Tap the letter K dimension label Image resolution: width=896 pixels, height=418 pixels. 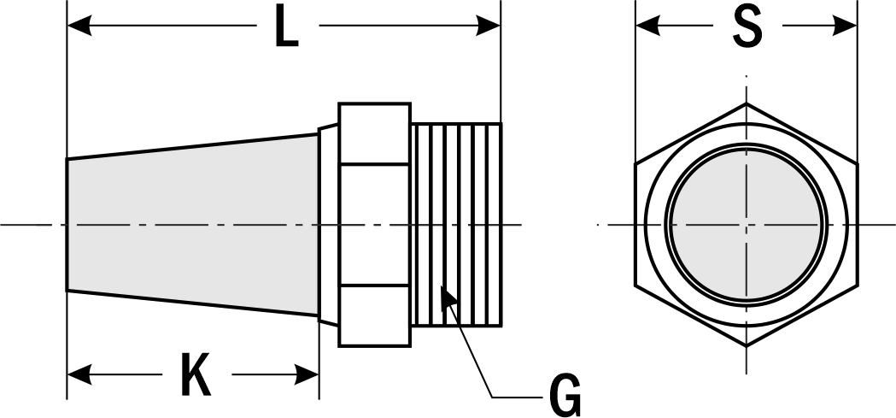(x=196, y=374)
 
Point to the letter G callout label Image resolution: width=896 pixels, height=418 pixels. (x=565, y=397)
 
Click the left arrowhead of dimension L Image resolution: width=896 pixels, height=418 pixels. (x=79, y=26)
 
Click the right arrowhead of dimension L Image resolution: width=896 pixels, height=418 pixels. (x=488, y=26)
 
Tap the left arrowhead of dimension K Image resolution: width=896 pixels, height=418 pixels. (x=79, y=374)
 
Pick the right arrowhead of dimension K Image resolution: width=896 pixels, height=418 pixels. (x=307, y=374)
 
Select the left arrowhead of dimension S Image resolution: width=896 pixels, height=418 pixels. (x=648, y=26)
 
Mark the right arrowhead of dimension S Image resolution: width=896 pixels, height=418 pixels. (x=845, y=26)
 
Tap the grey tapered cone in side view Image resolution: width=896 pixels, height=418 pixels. (x=192, y=225)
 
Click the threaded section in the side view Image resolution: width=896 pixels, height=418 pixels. (x=456, y=225)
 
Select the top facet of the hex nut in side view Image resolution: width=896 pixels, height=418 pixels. (x=374, y=134)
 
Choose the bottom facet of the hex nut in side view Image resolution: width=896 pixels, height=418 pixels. (x=374, y=315)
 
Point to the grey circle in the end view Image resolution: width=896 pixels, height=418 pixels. (x=747, y=225)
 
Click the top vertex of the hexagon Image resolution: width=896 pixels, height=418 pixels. (x=747, y=103)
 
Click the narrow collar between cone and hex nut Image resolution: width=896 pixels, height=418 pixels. (x=328, y=225)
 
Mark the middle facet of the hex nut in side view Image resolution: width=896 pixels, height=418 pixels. (x=374, y=225)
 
